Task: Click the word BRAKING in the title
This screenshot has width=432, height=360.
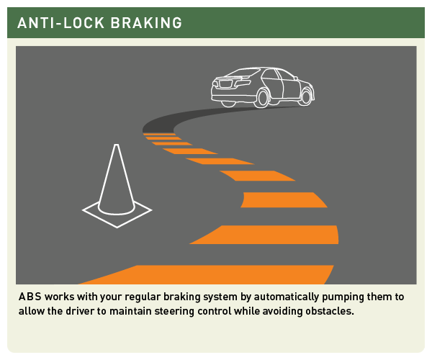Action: (x=146, y=23)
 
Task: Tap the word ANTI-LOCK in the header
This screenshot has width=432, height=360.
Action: (x=60, y=23)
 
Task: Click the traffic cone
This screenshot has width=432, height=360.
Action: (x=117, y=186)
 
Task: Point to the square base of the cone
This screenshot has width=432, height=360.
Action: (x=117, y=217)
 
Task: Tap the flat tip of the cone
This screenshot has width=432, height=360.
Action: (x=117, y=145)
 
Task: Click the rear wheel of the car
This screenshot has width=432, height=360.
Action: (x=262, y=98)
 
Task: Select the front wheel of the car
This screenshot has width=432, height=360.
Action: (x=306, y=96)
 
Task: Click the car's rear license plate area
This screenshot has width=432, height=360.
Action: (x=226, y=83)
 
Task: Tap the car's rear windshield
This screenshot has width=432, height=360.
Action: (x=243, y=73)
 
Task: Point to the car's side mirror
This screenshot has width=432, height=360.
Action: (x=296, y=78)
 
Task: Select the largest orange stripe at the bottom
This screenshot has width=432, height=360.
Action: (x=206, y=274)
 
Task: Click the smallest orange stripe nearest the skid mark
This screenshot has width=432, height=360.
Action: (x=159, y=135)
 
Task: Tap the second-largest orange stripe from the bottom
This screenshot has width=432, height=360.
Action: (x=264, y=235)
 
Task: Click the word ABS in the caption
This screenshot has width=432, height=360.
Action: (x=30, y=297)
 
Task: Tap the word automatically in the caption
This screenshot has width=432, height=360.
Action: (x=286, y=297)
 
